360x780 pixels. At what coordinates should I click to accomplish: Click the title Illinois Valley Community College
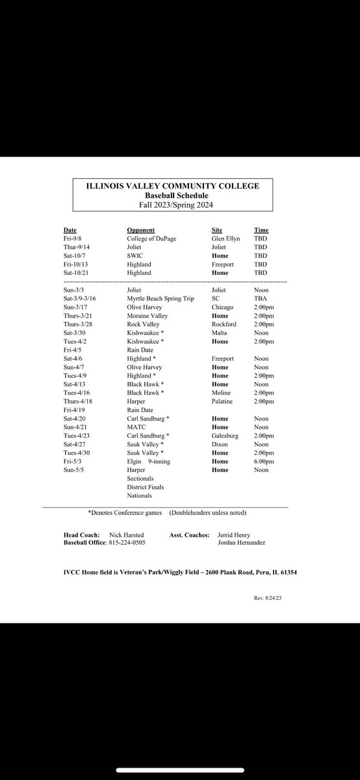[173, 186]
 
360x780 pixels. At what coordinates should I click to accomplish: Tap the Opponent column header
[140, 230]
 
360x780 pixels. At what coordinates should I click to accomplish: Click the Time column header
[261, 230]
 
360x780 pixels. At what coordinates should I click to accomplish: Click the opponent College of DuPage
[152, 239]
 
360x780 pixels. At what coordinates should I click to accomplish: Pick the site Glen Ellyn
[225, 239]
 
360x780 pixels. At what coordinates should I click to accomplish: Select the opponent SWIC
[136, 256]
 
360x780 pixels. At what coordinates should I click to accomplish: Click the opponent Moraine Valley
[148, 316]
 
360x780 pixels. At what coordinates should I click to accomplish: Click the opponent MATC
[136, 427]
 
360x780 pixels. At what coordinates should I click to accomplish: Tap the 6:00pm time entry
[263, 461]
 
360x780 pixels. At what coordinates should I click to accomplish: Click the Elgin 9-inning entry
[153, 461]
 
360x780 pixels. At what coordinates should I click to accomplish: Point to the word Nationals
[140, 495]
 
